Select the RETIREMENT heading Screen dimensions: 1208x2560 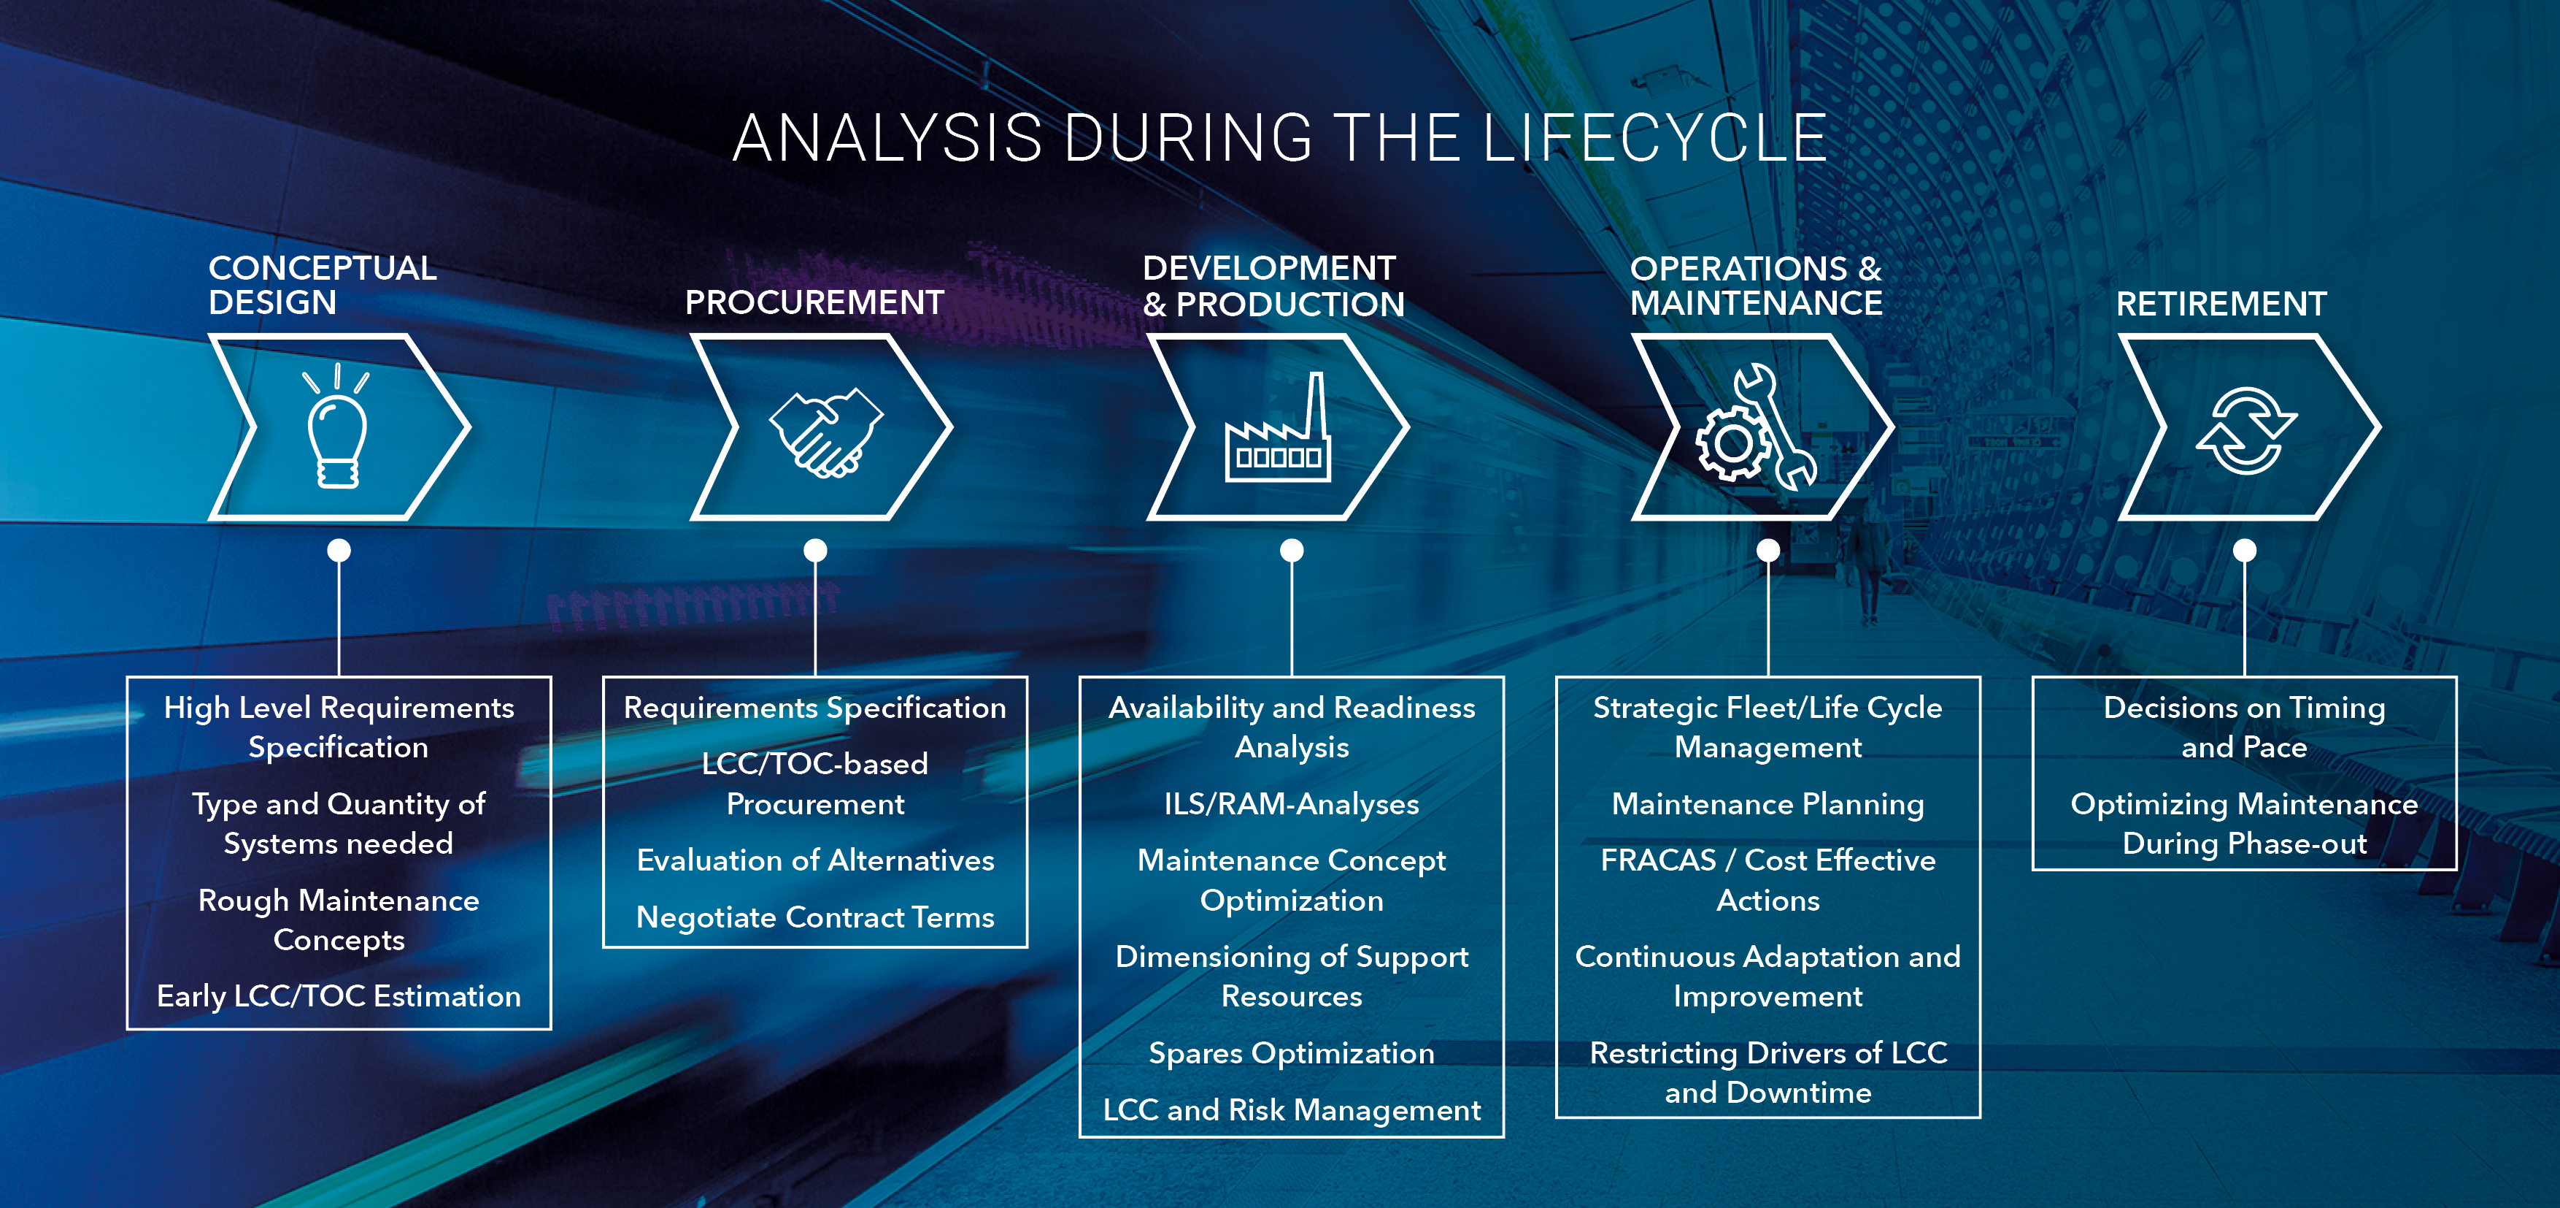pos(2221,303)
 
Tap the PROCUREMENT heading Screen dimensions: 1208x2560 pos(814,302)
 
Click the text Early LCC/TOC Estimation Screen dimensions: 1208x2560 pos(338,996)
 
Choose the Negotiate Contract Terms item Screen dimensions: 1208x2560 pos(815,917)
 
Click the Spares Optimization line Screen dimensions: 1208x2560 pos(1291,1053)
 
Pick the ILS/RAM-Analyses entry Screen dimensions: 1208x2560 pos(1291,803)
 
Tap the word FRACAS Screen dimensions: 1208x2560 pos(1657,860)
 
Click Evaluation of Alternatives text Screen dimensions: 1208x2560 pos(815,860)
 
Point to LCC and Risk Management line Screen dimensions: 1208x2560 pos(1291,1109)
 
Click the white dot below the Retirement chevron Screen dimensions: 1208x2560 pos(2244,550)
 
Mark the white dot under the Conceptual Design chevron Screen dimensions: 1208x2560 pos(339,550)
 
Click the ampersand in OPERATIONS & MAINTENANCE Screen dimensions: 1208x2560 pos(1870,269)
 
